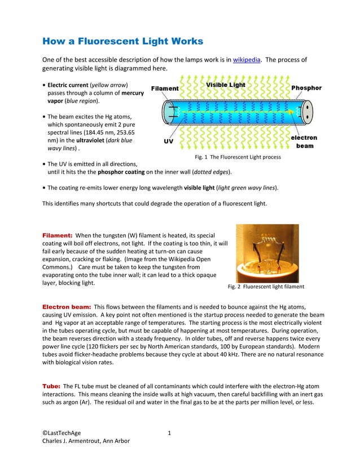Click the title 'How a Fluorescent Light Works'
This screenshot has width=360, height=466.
pos(123,42)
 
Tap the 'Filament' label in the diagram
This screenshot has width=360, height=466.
pos(165,89)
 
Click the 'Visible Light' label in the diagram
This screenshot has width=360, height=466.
pos(225,85)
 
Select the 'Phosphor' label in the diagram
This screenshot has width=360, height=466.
pos(306,88)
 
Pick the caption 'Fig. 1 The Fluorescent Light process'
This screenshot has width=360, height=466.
pos(238,157)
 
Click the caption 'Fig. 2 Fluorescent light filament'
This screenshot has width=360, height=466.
pos(266,287)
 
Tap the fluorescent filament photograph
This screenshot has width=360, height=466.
pos(267,253)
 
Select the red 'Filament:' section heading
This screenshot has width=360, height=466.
pos(58,235)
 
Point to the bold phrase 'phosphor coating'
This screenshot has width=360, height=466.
pos(122,172)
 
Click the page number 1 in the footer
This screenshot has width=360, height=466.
pos(169,433)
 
